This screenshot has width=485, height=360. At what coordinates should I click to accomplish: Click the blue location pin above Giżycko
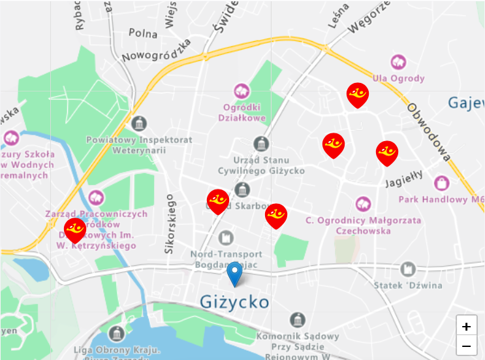(234, 274)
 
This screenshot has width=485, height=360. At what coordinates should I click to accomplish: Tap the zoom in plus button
(466, 326)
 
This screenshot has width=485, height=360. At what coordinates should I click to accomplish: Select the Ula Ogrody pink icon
(398, 63)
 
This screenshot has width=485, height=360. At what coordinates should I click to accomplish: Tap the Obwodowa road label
(428, 131)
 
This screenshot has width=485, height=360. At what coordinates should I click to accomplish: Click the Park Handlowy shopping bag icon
(442, 182)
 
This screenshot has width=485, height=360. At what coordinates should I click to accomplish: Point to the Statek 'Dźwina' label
(408, 285)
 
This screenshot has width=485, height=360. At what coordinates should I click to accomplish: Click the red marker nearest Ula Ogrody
(357, 95)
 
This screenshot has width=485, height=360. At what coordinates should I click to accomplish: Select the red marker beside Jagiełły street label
(387, 153)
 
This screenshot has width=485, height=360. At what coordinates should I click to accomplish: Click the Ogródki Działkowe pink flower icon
(242, 91)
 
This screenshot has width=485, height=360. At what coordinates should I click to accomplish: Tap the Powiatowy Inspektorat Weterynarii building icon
(139, 123)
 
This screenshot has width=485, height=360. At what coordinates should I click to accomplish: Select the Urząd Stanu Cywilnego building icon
(261, 144)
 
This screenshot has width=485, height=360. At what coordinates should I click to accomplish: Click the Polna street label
(143, 33)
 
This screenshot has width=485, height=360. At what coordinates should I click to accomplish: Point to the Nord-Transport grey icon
(226, 237)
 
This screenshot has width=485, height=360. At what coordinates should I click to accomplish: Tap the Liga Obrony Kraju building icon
(116, 333)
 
